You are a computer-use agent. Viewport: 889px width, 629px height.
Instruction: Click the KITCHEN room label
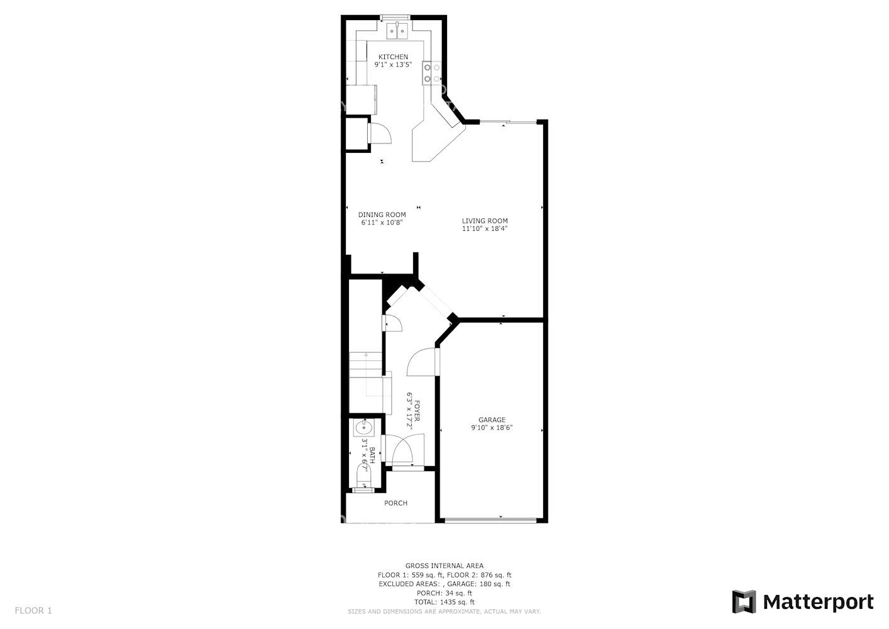[393, 57]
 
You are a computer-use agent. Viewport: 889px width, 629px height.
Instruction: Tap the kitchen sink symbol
[397, 29]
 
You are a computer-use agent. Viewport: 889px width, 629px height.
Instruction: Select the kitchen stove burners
[432, 73]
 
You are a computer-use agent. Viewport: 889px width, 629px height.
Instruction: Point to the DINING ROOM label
[382, 214]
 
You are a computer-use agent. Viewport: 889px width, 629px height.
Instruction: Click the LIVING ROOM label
[485, 221]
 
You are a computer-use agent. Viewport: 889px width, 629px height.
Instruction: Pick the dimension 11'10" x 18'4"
[485, 229]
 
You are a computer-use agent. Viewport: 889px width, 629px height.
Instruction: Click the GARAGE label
[492, 420]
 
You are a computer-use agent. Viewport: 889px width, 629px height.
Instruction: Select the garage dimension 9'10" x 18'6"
[492, 428]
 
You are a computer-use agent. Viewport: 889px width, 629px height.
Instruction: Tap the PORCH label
[395, 503]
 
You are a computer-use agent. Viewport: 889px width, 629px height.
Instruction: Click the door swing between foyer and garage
[422, 362]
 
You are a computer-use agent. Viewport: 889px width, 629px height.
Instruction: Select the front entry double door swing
[399, 450]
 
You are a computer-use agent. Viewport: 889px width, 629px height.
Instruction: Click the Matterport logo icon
[744, 602]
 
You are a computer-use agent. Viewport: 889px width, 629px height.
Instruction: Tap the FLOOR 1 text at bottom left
[33, 610]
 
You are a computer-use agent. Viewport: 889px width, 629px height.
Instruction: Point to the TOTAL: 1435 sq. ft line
[444, 602]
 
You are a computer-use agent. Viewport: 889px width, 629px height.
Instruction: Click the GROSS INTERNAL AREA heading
[444, 566]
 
